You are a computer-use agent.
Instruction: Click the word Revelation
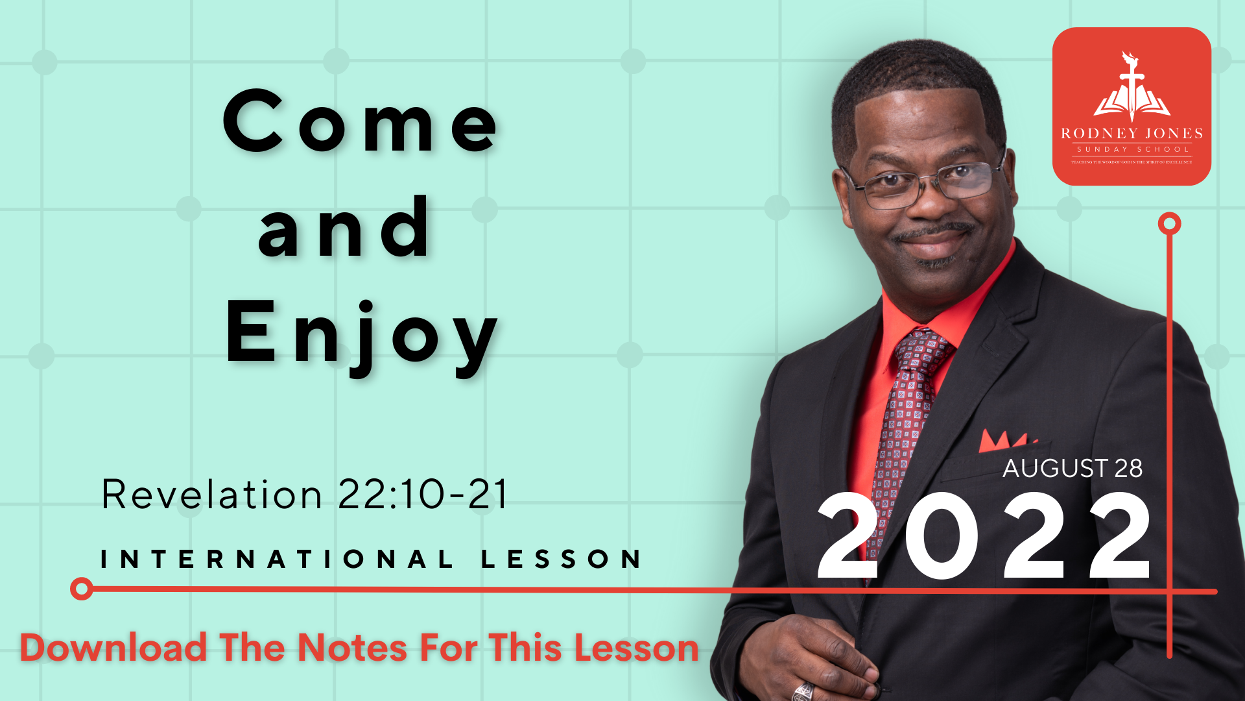211,495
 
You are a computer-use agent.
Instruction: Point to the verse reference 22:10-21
423,495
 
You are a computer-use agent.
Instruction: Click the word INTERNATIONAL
277,559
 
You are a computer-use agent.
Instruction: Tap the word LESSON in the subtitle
562,559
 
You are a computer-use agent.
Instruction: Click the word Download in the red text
113,648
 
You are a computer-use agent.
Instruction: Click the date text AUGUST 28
1073,468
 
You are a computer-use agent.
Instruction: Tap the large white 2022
984,536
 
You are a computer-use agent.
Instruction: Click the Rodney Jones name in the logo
1132,134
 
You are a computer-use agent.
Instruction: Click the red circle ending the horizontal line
82,589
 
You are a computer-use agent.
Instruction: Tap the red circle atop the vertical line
1169,224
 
